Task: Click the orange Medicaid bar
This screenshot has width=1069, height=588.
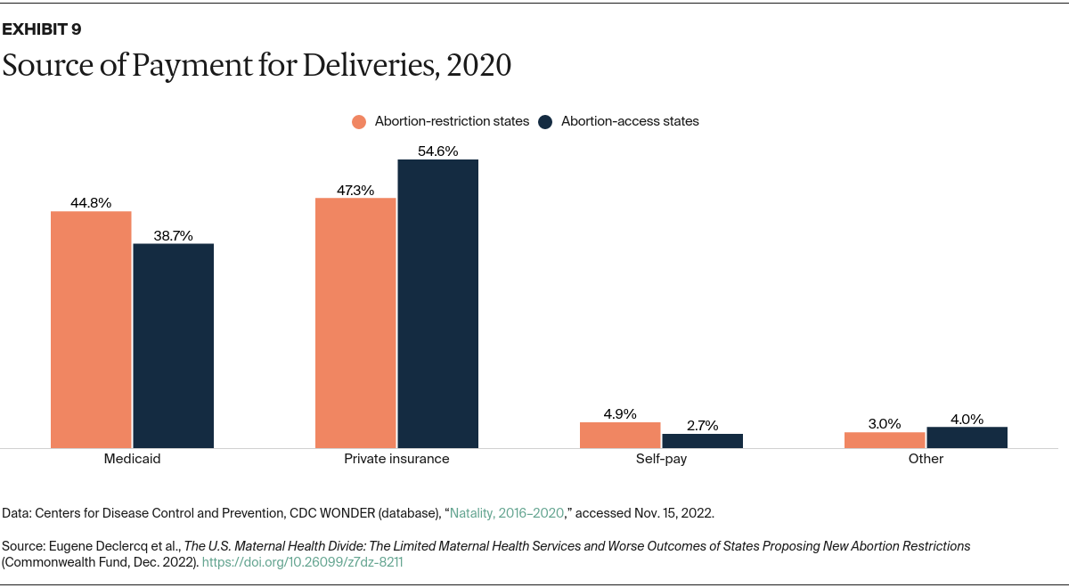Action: (x=91, y=330)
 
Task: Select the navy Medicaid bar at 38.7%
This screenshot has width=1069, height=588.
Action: (x=173, y=346)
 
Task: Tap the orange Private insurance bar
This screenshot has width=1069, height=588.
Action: (x=355, y=323)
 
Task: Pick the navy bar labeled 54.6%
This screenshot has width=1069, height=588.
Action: (x=437, y=304)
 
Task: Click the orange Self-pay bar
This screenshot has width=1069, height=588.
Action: (x=620, y=435)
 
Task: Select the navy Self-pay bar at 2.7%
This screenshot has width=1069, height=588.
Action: (x=702, y=440)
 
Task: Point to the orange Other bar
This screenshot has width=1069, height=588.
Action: (x=885, y=439)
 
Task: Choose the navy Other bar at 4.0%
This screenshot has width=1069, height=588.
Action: (x=967, y=437)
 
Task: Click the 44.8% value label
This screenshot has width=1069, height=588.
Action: (x=91, y=203)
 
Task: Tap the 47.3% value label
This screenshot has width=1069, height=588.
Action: (x=355, y=190)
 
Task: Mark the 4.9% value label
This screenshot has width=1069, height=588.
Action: (x=620, y=413)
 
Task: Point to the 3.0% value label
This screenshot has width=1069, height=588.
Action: (x=885, y=424)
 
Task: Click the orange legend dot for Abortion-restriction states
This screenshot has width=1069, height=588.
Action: (x=359, y=122)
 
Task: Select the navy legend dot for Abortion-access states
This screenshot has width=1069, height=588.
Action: (x=546, y=122)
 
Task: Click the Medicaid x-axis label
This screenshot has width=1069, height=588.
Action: (x=132, y=459)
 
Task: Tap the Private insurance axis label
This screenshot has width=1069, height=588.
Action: (x=396, y=459)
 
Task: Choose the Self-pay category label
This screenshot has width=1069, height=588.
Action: (x=661, y=459)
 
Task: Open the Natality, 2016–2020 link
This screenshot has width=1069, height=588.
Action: (x=507, y=513)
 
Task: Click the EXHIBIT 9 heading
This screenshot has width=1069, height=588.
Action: (x=42, y=29)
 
